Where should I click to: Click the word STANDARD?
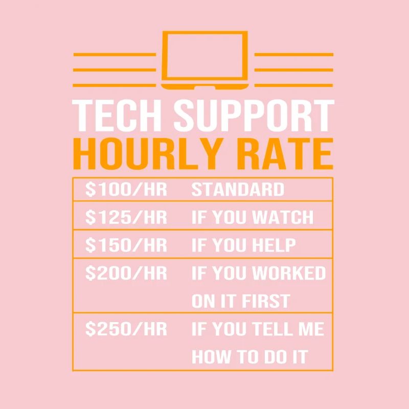[x=238, y=190]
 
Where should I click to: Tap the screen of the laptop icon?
[x=204, y=55]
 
